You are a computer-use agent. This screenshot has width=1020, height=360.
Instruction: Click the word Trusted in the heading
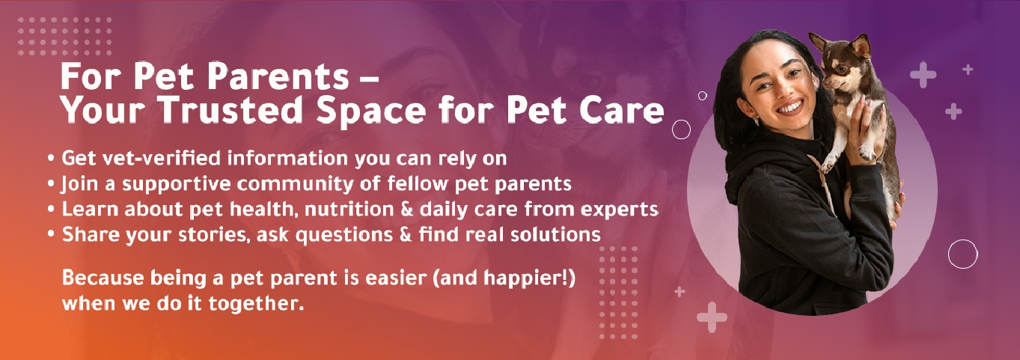coord(230,110)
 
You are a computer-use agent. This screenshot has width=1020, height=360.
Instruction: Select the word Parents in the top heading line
coord(278,76)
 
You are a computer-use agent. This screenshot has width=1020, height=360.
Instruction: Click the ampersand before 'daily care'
coord(407,209)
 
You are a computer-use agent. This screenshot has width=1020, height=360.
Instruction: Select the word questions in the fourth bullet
coord(343,235)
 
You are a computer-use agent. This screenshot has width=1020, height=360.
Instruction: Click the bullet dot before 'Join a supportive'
coord(51,185)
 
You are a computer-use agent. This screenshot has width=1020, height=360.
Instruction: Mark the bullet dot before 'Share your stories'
coord(51,235)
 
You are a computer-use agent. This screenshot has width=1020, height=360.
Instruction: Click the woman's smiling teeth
coord(790,109)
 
